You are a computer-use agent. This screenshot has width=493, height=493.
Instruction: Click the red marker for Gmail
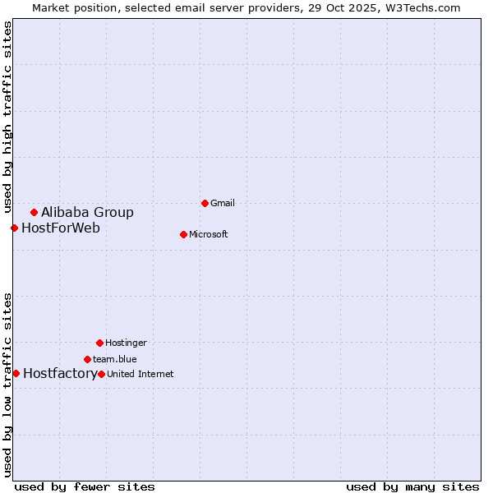(x=205, y=203)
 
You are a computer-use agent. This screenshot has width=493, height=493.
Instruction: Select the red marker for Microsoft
(x=183, y=234)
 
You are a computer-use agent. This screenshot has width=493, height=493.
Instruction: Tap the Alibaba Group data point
(x=34, y=212)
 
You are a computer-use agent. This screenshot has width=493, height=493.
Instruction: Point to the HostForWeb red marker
(x=14, y=228)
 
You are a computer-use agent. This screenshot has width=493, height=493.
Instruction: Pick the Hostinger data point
(x=99, y=343)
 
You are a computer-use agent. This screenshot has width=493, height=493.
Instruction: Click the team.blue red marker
(x=87, y=359)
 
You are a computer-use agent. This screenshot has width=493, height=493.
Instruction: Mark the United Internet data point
(x=101, y=374)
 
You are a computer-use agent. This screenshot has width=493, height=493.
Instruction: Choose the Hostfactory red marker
(x=16, y=373)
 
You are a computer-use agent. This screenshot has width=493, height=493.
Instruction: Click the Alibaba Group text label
(x=87, y=213)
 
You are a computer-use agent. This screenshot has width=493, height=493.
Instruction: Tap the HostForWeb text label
(x=61, y=228)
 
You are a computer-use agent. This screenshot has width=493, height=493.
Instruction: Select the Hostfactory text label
(x=60, y=374)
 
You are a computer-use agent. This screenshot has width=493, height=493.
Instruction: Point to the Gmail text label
(x=223, y=204)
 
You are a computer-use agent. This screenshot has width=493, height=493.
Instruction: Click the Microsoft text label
(x=209, y=235)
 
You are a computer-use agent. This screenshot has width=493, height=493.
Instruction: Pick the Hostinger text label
(x=126, y=343)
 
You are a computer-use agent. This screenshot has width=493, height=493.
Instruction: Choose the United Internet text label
(x=141, y=375)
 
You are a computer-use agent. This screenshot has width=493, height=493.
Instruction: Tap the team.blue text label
(x=115, y=360)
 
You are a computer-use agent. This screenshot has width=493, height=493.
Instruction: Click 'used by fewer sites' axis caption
(x=85, y=487)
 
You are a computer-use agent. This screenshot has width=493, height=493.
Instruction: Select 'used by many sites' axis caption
(x=412, y=487)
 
